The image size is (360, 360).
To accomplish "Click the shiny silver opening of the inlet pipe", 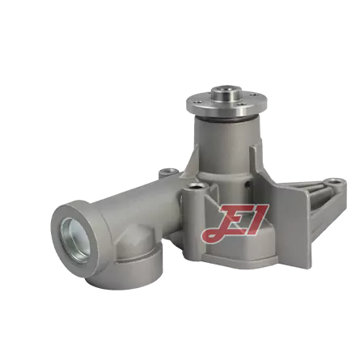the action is point(75,240).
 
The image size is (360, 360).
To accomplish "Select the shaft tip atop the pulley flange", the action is point(226,92).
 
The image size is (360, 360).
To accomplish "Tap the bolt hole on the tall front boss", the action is point(197,186).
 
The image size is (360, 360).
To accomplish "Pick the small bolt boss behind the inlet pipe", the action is point(168,172).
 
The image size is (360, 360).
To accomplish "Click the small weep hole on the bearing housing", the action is point(248,184).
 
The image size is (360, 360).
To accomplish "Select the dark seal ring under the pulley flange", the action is point(227,119).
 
